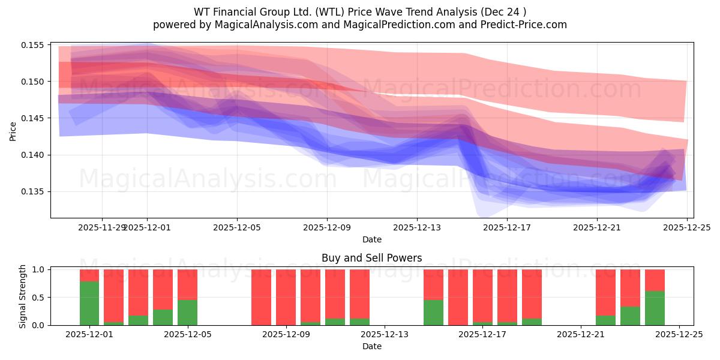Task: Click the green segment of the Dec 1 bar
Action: [x=89, y=303]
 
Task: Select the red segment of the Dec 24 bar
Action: [x=655, y=280]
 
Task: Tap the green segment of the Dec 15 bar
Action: [x=433, y=313]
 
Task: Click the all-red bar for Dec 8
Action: [x=261, y=297]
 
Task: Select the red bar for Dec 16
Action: [x=458, y=297]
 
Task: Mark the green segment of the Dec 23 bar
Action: [x=630, y=316]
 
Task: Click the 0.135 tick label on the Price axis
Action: [x=35, y=192]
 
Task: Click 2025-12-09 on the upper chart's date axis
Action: [x=327, y=227]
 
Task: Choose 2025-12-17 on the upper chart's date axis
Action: [x=507, y=227]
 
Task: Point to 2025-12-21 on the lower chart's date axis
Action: [x=581, y=334]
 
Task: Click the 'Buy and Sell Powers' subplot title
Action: [x=371, y=258]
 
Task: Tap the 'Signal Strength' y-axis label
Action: [x=23, y=296]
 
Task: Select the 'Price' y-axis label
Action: [x=13, y=130]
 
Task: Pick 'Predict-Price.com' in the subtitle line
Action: [x=526, y=25]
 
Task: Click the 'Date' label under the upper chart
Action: [x=371, y=239]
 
